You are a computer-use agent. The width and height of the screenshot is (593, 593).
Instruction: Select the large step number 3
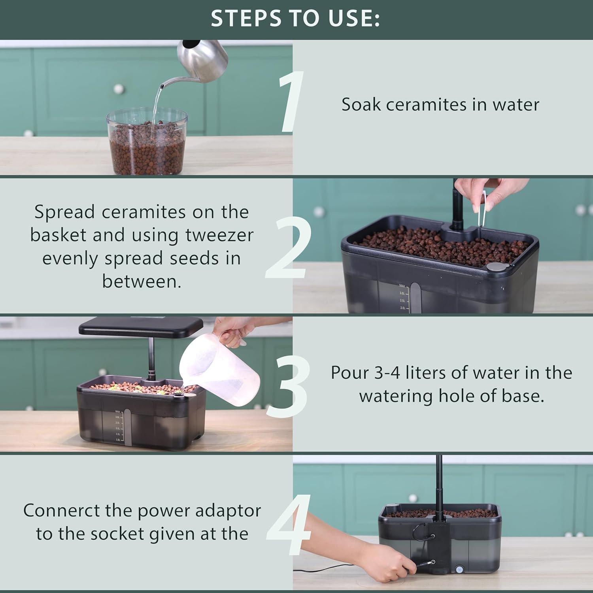[288, 387]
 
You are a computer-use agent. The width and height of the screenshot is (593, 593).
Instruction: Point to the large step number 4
[289, 525]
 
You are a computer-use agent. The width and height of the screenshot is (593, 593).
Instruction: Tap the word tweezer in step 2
[219, 235]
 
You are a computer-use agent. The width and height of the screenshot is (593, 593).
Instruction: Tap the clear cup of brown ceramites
[147, 142]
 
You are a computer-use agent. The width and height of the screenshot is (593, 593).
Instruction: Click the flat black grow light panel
[141, 327]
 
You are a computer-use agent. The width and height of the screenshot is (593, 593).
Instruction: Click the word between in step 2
[142, 282]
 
